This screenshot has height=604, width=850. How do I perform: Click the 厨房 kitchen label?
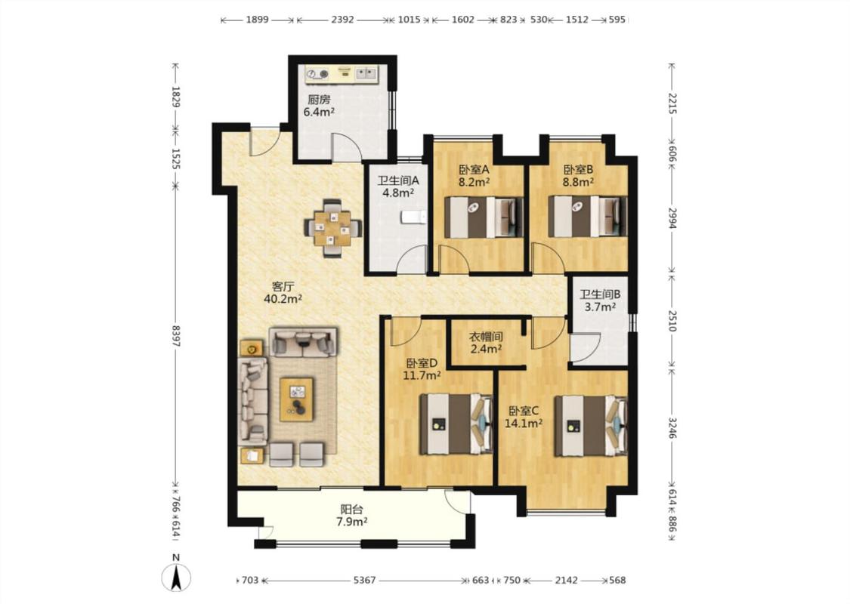[x=319, y=100]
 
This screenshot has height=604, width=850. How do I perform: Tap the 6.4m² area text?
[x=319, y=112]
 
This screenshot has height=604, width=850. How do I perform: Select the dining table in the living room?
[x=333, y=228]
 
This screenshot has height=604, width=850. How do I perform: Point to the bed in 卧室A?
[x=484, y=217]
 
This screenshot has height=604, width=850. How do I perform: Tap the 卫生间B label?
[x=600, y=294]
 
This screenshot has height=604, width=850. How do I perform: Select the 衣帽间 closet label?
[x=486, y=337]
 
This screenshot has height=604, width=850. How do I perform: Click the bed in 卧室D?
[x=456, y=424]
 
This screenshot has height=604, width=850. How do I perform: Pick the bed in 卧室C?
[x=591, y=426]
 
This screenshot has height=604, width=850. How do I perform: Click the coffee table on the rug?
[x=296, y=399]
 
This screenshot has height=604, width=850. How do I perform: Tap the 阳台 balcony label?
[x=352, y=510]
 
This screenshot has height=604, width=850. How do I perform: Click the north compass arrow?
[x=176, y=578]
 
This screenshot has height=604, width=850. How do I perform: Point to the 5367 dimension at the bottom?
[x=364, y=580]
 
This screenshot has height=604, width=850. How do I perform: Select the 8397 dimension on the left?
[x=175, y=336]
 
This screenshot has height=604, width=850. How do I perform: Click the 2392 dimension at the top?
[x=342, y=20]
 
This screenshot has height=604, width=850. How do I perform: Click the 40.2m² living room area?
[x=283, y=298]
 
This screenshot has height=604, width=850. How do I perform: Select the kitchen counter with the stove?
[x=342, y=74]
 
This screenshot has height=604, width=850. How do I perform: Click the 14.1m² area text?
[x=524, y=424]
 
